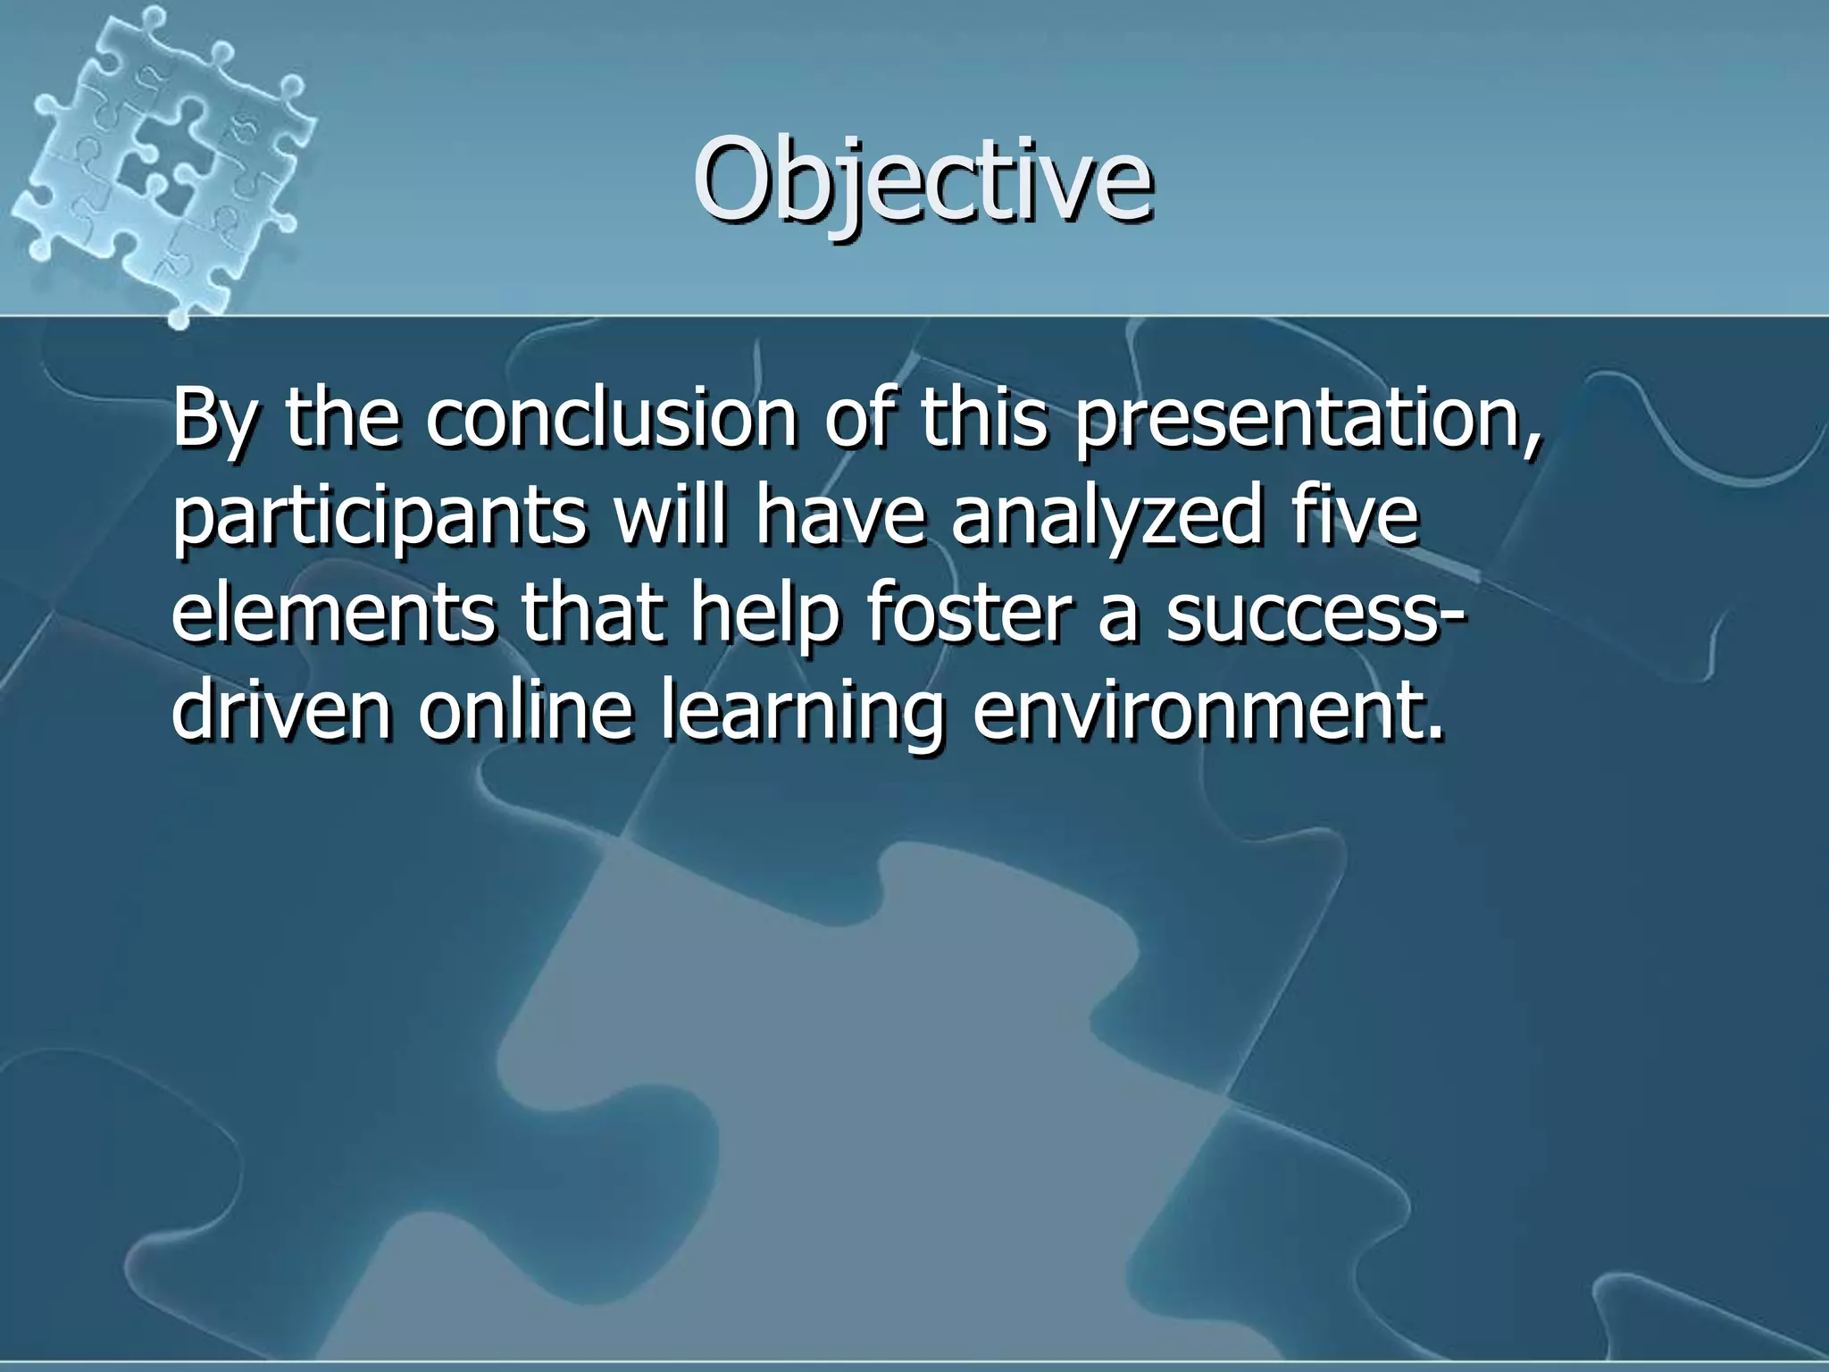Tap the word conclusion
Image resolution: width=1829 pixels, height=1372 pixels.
coord(610,417)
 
